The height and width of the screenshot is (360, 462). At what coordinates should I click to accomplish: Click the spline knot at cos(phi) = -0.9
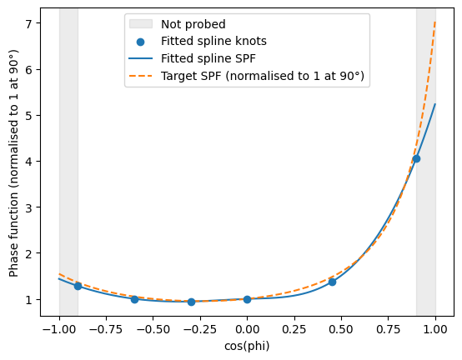point(78,286)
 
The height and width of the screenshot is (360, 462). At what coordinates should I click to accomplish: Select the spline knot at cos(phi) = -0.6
point(134,299)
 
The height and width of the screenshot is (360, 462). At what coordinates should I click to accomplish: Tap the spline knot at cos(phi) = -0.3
point(191,302)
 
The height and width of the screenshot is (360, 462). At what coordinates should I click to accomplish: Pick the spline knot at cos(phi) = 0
point(247,299)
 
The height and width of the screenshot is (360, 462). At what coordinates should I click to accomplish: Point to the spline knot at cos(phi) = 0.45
point(332,282)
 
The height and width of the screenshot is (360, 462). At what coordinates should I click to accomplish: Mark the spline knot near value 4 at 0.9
point(416,159)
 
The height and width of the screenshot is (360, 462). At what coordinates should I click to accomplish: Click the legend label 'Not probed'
point(193,24)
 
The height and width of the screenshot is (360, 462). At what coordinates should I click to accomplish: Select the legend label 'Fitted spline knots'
point(213,41)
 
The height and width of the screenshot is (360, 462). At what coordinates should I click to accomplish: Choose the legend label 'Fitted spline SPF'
point(208,58)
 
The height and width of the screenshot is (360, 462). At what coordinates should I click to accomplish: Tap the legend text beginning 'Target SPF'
point(263,76)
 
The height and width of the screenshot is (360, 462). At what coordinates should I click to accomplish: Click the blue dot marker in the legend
point(141,42)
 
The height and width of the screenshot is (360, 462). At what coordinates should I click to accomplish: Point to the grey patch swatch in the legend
point(141,24)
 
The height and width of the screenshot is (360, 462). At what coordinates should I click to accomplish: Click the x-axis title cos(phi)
point(247,346)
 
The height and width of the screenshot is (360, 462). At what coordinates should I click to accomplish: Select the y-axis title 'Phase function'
point(13,163)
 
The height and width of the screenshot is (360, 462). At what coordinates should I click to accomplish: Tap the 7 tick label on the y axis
point(28,23)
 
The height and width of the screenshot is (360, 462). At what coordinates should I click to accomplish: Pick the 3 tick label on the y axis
point(28,207)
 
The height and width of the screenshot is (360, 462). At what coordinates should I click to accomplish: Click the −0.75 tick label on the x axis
point(106,329)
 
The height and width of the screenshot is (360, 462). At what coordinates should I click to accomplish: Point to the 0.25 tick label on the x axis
point(294,329)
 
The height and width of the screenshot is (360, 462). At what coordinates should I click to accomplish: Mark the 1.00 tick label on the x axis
point(435,329)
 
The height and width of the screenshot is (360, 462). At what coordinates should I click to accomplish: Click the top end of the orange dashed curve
point(435,21)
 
